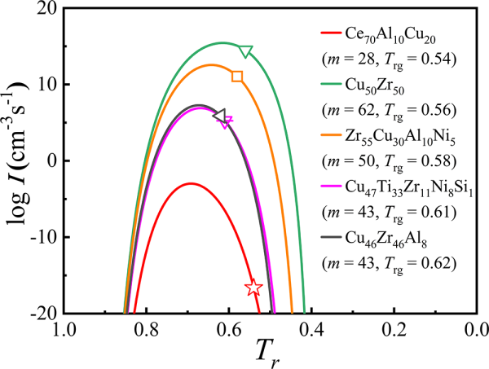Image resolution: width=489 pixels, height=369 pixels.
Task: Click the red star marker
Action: tap(253, 287)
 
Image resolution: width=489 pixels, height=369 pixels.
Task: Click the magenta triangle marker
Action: tap(227, 121)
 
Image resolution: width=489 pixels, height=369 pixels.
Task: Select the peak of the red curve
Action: tap(190, 183)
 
